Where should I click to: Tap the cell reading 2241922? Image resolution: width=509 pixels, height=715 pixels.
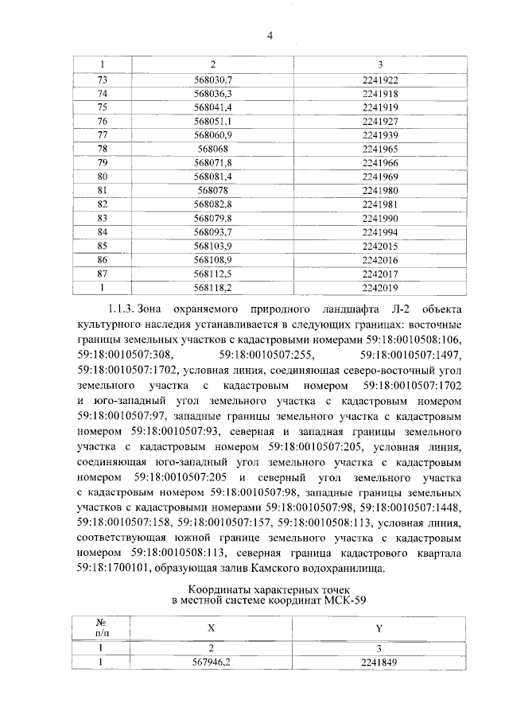coord(379,81)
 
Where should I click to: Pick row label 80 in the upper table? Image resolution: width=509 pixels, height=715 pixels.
coord(102,176)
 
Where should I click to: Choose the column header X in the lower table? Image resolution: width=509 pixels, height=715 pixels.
coord(212,628)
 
